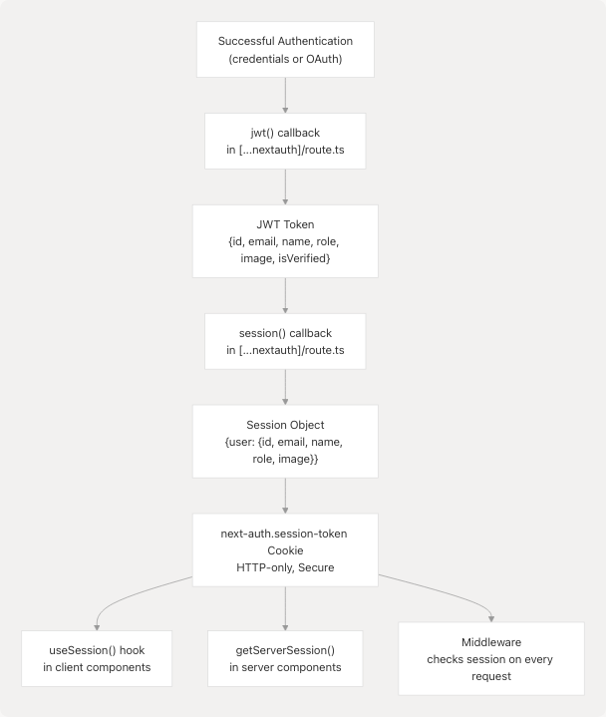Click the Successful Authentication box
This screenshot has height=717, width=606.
tap(286, 49)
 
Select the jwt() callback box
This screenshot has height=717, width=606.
tap(286, 141)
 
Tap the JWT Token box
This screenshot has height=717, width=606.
tap(286, 240)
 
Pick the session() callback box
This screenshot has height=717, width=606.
tap(286, 341)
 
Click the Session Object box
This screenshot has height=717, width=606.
tap(286, 441)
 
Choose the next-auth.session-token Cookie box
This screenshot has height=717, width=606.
tap(286, 549)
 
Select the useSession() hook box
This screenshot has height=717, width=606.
tap(97, 657)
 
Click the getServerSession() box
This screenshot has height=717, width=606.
tap(286, 657)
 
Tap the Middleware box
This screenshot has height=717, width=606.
tap(490, 658)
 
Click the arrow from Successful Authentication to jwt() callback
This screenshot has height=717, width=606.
tap(286, 94)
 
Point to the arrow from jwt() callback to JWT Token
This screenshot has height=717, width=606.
tap(286, 186)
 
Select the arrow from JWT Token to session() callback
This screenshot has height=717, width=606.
tap(286, 294)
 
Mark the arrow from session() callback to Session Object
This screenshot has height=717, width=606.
tap(286, 387)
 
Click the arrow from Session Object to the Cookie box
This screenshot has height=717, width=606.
tap(286, 495)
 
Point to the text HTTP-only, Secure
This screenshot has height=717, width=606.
tap(286, 567)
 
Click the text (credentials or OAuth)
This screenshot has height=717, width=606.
tap(286, 59)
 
